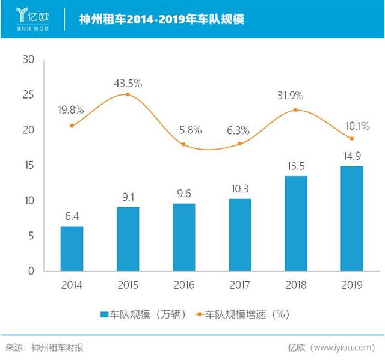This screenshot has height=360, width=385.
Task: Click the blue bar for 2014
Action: (x=72, y=249)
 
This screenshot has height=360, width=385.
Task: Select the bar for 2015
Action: (x=127, y=239)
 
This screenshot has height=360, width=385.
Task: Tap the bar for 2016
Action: (x=183, y=237)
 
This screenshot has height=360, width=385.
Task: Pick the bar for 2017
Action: (x=239, y=235)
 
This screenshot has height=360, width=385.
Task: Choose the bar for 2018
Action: (x=295, y=224)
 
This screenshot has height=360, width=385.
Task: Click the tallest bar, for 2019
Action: (x=352, y=219)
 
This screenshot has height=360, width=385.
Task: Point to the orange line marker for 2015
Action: (x=127, y=94)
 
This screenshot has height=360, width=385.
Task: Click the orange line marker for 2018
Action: (x=295, y=110)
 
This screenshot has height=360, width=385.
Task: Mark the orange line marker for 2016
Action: (x=183, y=145)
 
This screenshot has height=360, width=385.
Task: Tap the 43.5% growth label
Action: (x=127, y=82)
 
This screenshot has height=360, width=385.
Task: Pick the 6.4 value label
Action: (x=72, y=216)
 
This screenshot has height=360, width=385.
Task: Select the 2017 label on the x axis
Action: (x=239, y=285)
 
